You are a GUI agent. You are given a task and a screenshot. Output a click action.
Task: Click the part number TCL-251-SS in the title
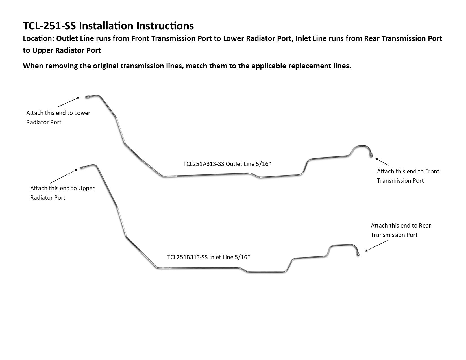coord(49,26)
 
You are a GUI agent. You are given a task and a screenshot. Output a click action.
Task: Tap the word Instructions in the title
coord(165,26)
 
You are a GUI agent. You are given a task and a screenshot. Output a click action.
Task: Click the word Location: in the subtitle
coord(38,39)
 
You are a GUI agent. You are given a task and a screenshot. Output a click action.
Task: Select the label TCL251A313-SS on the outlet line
coord(204,164)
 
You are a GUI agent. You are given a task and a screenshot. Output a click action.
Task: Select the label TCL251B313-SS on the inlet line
coord(187,257)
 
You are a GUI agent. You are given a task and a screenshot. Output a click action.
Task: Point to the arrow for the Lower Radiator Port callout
coord(69,102)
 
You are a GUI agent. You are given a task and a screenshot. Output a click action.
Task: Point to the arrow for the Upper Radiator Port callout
coord(64,176)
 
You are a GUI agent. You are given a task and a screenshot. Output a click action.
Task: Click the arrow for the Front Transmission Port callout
coord(382,162)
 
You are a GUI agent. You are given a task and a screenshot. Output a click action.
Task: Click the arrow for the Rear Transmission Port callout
coord(376,246)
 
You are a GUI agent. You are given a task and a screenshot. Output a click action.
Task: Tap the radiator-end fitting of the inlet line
coord(82,168)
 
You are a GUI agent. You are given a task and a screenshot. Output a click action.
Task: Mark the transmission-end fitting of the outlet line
coord(371,155)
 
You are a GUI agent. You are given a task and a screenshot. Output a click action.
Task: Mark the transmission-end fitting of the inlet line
coord(358,254)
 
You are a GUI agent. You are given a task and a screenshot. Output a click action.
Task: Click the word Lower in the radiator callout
coord(82,113)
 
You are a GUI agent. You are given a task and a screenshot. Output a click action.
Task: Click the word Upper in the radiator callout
coord(86,188)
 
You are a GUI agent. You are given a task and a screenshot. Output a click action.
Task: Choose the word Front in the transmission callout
coord(432,171)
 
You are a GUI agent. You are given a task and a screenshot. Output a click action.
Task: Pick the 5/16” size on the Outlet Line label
coord(263,164)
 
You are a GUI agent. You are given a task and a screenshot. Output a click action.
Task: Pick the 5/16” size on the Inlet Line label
coord(242,257)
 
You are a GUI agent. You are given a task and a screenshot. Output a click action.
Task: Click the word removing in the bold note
coord(61,66)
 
